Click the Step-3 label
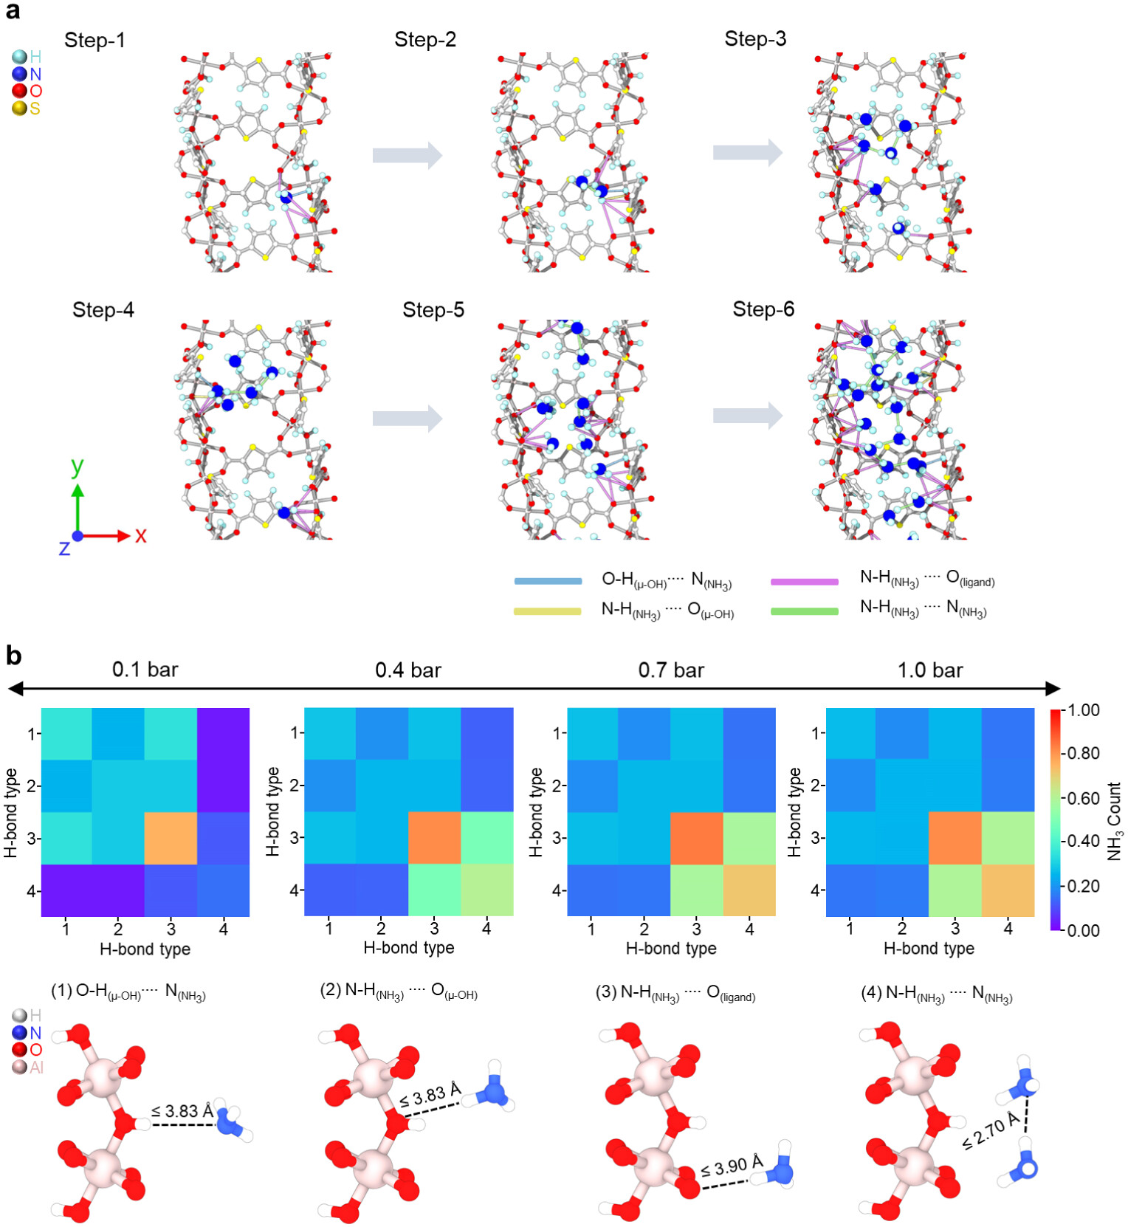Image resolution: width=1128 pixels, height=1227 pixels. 754,39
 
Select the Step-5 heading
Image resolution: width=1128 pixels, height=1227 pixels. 433,310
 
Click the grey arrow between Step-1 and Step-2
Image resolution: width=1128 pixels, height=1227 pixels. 407,155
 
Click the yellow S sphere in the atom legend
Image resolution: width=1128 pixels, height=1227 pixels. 19,109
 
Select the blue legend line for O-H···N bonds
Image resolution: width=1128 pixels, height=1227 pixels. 548,581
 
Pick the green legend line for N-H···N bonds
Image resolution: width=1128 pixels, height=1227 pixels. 804,611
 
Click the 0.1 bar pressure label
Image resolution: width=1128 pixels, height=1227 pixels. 145,670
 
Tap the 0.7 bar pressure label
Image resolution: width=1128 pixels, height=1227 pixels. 671,670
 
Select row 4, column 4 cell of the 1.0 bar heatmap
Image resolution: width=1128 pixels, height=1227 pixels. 1008,890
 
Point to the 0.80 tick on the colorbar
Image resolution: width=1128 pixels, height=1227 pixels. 1084,754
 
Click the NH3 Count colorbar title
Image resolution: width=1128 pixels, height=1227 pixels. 1114,821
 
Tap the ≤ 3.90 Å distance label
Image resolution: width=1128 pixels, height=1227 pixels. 731,1166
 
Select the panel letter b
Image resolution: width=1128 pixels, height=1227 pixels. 13,656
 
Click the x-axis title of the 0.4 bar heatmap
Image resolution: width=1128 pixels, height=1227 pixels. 408,948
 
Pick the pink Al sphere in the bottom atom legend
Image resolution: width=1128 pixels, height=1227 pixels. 20,1067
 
